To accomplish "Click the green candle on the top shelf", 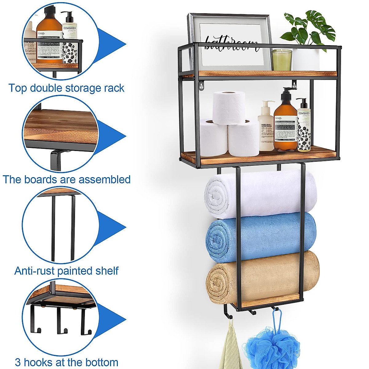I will [282, 60].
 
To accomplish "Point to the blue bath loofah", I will [271, 344].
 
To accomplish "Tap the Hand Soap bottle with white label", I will [266, 129].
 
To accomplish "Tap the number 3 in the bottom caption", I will [18, 362].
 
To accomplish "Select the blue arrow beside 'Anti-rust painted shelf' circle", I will [112, 228].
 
